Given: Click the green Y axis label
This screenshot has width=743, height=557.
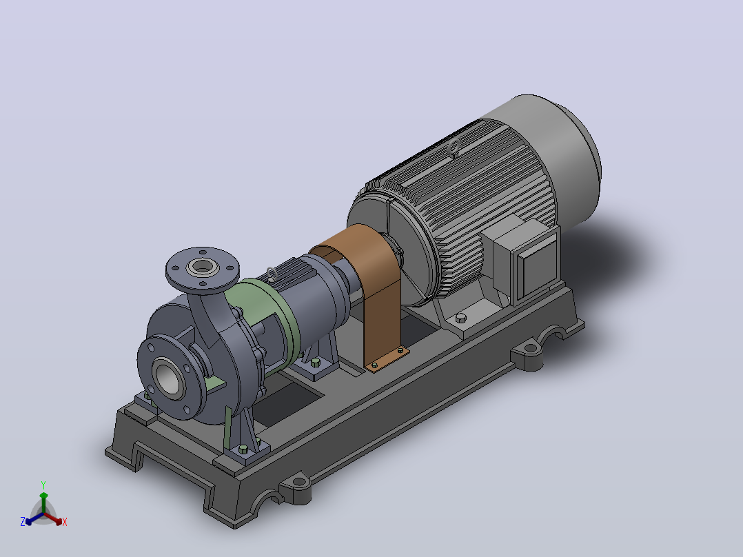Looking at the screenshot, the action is click(x=43, y=485).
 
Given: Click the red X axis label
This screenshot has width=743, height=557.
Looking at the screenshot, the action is click(x=65, y=522).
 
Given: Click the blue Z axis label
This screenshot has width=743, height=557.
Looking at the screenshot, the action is click(x=23, y=521).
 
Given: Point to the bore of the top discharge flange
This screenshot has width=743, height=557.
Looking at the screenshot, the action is click(x=203, y=266).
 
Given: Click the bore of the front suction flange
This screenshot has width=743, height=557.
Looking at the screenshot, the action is click(x=167, y=378).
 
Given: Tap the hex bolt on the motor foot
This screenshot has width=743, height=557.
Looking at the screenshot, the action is click(x=460, y=318).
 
